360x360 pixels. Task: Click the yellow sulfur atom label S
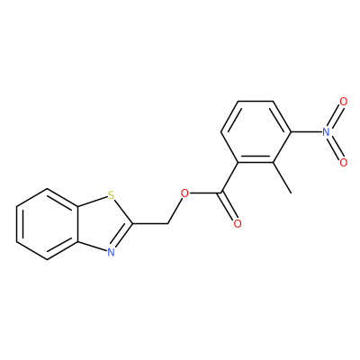coord(112,196)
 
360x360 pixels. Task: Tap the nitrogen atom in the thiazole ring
coord(112,252)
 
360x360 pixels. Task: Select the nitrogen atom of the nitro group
coord(326,132)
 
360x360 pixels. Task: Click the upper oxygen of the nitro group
coord(344,102)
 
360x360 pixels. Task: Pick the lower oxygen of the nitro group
coord(344,162)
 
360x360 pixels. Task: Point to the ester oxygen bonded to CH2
coord(185,193)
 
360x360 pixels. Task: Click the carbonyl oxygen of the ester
coord(238,223)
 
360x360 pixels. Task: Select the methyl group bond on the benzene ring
coord(282,178)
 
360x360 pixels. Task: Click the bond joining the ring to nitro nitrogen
coord(306,132)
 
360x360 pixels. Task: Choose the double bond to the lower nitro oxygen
coord(335,148)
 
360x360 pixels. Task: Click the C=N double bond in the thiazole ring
coord(122,237)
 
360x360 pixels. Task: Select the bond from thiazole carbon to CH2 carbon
coord(150,223)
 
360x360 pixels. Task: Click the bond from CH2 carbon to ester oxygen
coord(175,211)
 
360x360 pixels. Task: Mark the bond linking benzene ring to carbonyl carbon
coord(229,177)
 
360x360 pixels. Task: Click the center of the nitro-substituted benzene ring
coord(256,132)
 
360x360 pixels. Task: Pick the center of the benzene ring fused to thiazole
coord(48,224)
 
